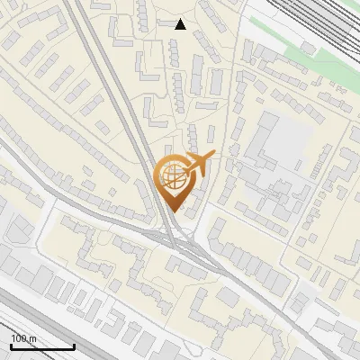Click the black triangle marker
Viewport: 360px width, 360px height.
coord(181,24)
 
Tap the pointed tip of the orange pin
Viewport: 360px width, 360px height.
coord(172,211)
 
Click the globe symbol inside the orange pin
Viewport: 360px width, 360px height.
coord(172,175)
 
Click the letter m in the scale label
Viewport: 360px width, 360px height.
coord(33,338)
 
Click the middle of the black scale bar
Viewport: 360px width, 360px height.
coord(42,347)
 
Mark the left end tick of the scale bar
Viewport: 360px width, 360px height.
coord(11,346)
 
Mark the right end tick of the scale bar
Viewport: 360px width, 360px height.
coord(74,346)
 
